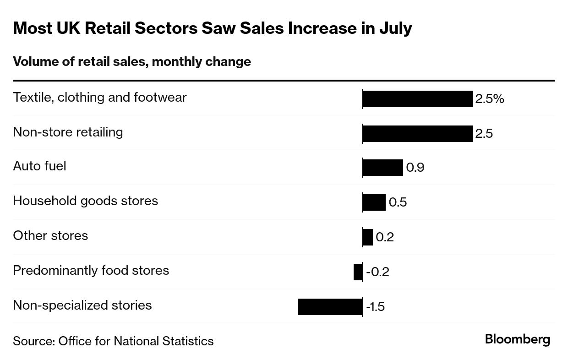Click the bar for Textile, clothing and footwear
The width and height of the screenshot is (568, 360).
pos(417,99)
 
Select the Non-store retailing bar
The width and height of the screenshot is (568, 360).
pos(417,134)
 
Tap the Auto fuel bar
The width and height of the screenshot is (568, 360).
pos(382,168)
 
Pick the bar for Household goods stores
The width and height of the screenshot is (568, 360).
pos(374,202)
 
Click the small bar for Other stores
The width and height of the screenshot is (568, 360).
pos(367,237)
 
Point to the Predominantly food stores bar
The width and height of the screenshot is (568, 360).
pos(358,272)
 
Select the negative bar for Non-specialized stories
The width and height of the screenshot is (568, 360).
pos(329,306)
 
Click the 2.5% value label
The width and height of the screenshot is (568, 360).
pos(489,99)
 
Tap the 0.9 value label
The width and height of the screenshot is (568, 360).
pos(415,168)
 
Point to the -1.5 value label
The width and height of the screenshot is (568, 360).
pos(375,306)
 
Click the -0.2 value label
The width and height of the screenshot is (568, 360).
pos(377,272)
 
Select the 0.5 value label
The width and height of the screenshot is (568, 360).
pos(398,202)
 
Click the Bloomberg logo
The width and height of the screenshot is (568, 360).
pos(517,340)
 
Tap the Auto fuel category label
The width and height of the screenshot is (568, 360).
pos(39,166)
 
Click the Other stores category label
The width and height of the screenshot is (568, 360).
pos(50,235)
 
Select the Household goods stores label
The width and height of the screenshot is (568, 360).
pos(85,201)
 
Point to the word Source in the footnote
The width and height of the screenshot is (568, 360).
pos(33,341)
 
